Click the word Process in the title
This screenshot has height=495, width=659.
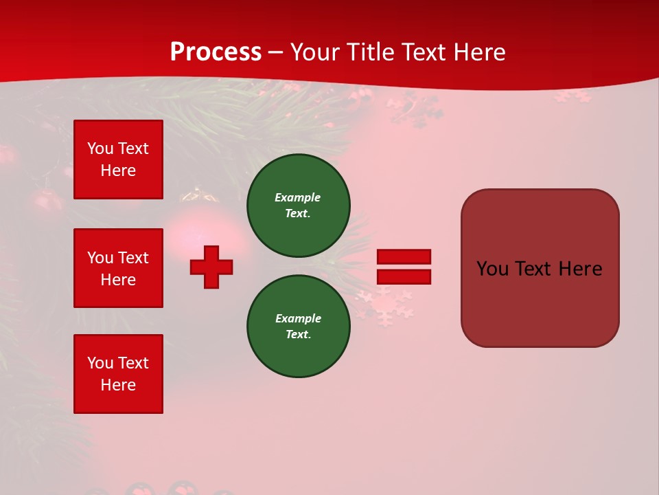(216, 52)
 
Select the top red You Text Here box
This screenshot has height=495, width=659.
(118, 159)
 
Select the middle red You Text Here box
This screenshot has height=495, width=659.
(118, 268)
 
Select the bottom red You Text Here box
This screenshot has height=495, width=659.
(118, 374)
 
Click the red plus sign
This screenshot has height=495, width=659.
(211, 267)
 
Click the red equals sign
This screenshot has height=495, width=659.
(404, 267)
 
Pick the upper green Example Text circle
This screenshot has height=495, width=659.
(298, 206)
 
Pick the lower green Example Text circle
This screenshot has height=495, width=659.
(298, 327)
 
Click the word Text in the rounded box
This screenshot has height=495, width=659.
(535, 269)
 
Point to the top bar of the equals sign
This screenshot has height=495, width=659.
(404, 257)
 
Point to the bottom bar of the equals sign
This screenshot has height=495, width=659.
(404, 276)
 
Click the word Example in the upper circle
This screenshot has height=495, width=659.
(298, 197)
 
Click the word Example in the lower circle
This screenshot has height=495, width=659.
(298, 318)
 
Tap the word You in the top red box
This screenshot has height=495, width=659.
(100, 148)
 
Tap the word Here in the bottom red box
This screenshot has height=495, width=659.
(118, 385)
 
